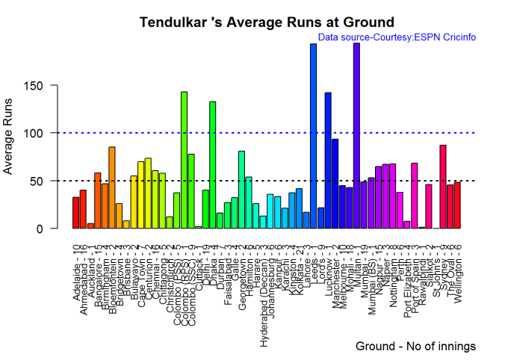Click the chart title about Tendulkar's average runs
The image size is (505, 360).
coord(267,22)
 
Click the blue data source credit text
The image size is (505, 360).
coord(397,37)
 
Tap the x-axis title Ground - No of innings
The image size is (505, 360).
coord(415,347)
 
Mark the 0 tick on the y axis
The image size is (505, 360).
coord(49,229)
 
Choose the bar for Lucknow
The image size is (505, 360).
coord(328,161)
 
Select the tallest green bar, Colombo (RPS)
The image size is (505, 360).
coord(184,161)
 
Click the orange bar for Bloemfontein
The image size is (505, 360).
coord(112,187)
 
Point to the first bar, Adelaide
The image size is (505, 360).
coord(75,213)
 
